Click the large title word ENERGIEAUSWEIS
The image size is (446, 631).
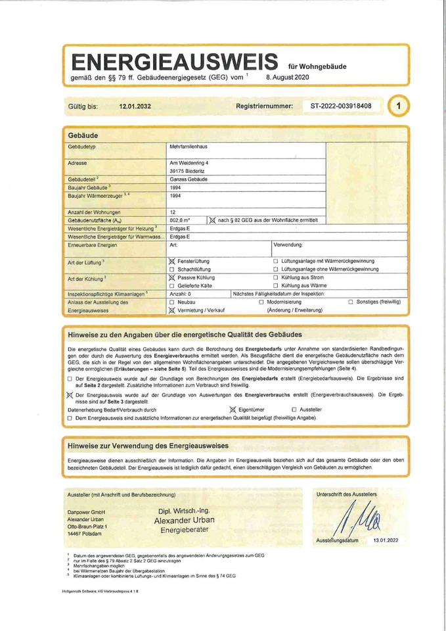(175, 62)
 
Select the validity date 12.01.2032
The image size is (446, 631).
(135, 106)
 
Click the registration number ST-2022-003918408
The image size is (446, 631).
(341, 106)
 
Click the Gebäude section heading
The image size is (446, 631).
(83, 135)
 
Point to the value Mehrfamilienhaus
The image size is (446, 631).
(189, 147)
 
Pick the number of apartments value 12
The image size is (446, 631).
(173, 212)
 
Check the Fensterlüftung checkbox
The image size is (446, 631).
(172, 262)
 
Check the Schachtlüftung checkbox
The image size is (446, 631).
(172, 269)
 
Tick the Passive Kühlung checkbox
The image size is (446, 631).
(172, 278)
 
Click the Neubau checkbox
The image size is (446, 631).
(172, 302)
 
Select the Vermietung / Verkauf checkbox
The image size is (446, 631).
(172, 310)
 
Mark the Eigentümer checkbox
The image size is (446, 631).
(232, 409)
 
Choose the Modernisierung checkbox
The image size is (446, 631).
(261, 302)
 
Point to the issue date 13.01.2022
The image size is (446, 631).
(386, 540)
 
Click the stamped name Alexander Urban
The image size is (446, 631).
(184, 520)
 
